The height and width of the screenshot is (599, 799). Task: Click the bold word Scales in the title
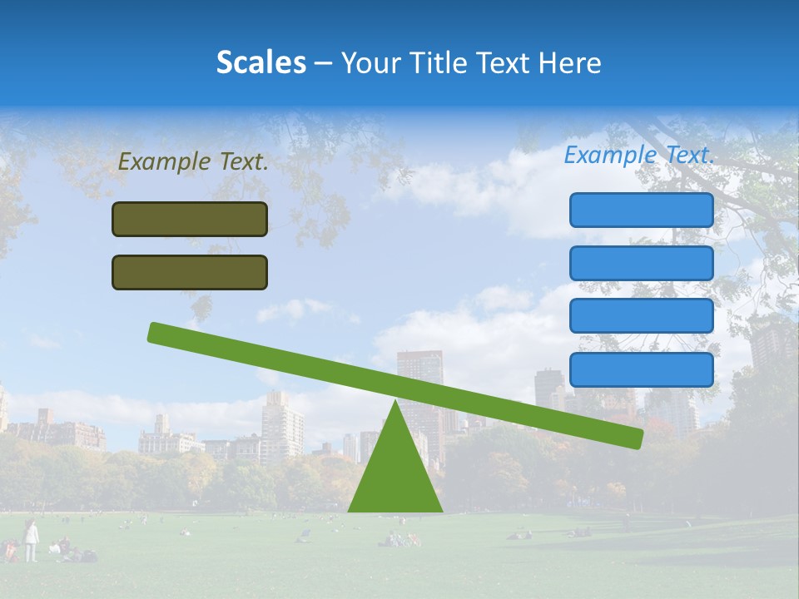[261, 63]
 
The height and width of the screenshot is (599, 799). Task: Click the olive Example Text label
[193, 162]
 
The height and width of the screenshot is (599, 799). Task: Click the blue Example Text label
[639, 155]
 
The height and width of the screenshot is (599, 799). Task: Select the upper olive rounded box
[190, 220]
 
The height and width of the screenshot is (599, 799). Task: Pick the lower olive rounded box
[190, 273]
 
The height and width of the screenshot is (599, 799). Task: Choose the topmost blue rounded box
[642, 210]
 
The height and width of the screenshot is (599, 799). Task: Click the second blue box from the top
[642, 264]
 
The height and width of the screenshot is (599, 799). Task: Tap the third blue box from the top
[642, 316]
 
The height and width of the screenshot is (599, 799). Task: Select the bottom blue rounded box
[642, 369]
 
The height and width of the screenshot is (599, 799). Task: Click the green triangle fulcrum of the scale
[395, 474]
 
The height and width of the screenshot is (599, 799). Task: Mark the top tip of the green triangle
[395, 403]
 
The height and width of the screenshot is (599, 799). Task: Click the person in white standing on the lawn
[31, 540]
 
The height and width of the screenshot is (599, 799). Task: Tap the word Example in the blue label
[607, 155]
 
